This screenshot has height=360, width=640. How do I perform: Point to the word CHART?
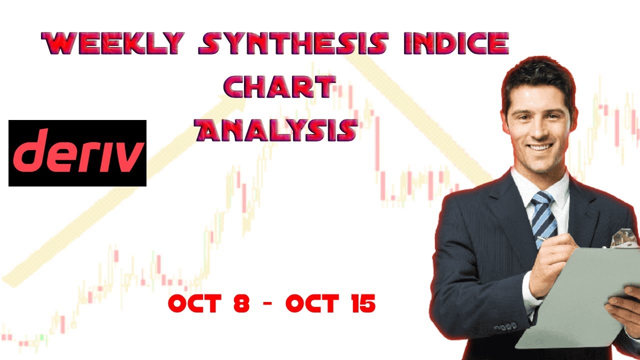tap(278, 88)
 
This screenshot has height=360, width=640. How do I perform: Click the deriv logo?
tap(77, 153)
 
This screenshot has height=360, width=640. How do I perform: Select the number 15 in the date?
tap(361, 303)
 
